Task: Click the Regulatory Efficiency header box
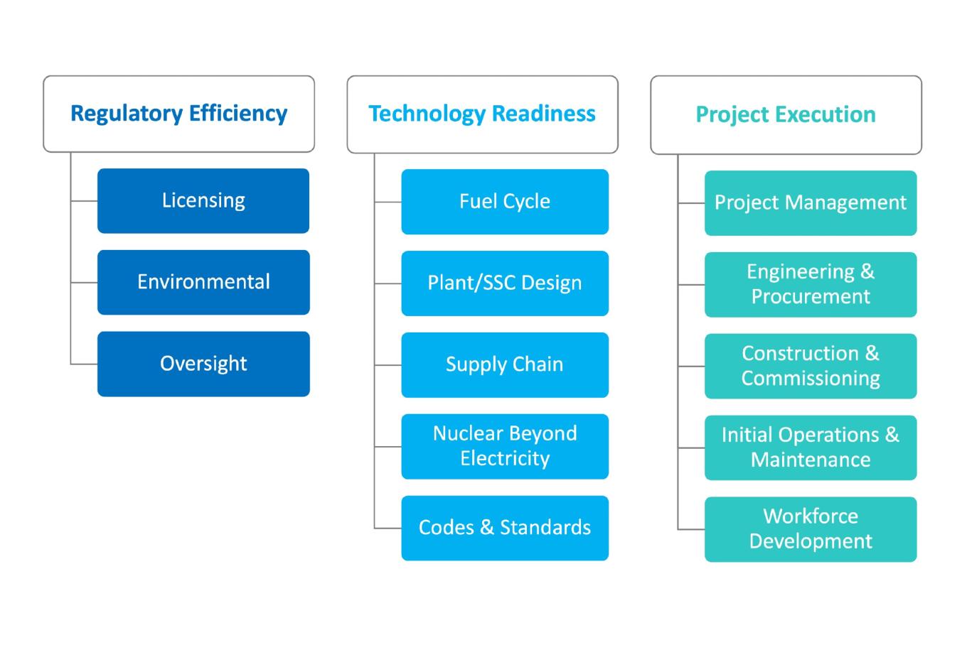coord(178,114)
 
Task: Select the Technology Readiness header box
coord(483,114)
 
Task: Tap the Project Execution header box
coord(786,114)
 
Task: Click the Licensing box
coord(203,201)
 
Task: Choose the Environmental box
coord(203,283)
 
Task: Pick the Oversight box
coord(203,364)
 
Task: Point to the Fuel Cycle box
coord(505,202)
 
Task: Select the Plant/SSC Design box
coord(505,283)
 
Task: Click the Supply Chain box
coord(505,364)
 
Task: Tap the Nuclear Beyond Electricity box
coord(505,446)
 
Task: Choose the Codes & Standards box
coord(505,529)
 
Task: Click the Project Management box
coord(811,203)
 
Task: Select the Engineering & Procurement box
coord(811,285)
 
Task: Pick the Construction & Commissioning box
coord(811,366)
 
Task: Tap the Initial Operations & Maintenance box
coord(811,448)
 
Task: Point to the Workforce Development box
coord(811,529)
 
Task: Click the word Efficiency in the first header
coord(238,114)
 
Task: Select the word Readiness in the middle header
coord(544,114)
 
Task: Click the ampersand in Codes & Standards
coord(487,527)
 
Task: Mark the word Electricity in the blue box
coord(505,459)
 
